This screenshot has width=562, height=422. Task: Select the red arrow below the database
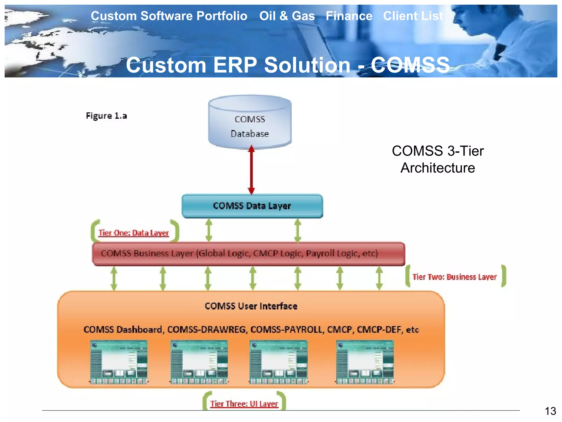pyautogui.click(x=251, y=170)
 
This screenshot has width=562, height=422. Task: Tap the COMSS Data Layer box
pyautogui.click(x=252, y=206)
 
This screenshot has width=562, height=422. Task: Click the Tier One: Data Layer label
pyautogui.click(x=134, y=233)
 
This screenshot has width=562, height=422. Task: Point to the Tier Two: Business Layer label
pyautogui.click(x=454, y=277)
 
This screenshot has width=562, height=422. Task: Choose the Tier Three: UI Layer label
pyautogui.click(x=244, y=404)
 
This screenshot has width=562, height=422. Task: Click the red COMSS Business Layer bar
pyautogui.click(x=248, y=253)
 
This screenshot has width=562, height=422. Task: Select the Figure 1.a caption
pyautogui.click(x=106, y=116)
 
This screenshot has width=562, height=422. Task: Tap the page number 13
pyautogui.click(x=550, y=411)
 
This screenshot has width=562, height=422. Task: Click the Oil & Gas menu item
pyautogui.click(x=287, y=16)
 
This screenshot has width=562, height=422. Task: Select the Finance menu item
pyautogui.click(x=349, y=16)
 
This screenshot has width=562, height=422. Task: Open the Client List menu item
pyautogui.click(x=413, y=16)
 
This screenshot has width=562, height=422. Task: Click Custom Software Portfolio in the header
pyautogui.click(x=169, y=16)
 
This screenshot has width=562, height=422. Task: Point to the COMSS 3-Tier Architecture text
pyautogui.click(x=438, y=159)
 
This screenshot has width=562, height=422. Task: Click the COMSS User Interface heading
pyautogui.click(x=251, y=306)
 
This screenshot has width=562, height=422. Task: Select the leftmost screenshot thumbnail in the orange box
pyautogui.click(x=119, y=362)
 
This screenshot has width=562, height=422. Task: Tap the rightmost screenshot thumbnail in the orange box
pyautogui.click(x=365, y=362)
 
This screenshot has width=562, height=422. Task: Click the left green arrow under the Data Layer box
pyautogui.click(x=209, y=230)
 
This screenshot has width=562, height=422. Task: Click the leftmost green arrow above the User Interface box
pyautogui.click(x=114, y=278)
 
